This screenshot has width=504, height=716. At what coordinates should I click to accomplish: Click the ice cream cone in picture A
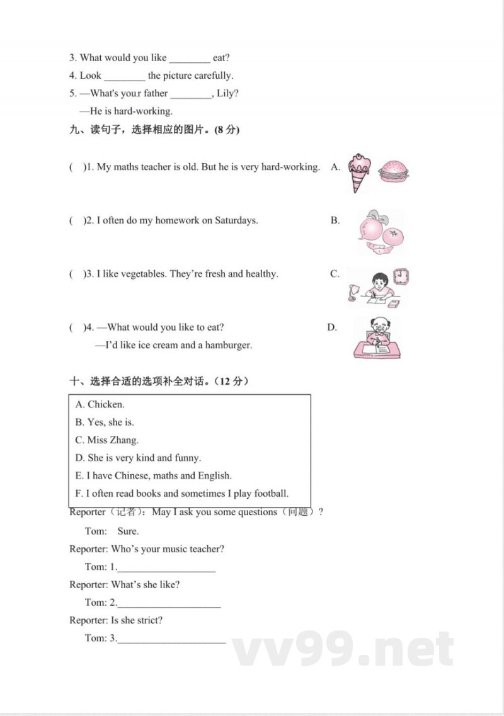pos(360,170)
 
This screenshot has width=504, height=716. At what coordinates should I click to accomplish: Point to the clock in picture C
pos(401,276)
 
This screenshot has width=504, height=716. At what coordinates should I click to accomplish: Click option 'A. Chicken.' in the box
pos(100,404)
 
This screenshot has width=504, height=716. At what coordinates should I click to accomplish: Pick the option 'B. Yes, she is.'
pos(105,422)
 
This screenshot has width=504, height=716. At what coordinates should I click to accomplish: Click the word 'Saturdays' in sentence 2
pos(236,220)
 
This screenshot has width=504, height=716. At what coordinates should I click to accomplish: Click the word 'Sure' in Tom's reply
pos(128,531)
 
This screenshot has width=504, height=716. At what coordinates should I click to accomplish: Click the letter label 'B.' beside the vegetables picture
pos(335,220)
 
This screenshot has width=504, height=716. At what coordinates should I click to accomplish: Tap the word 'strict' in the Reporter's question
pos(147,620)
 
